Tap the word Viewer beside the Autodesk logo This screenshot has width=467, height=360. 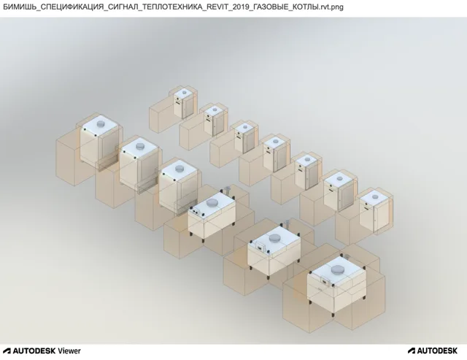[x=69, y=351]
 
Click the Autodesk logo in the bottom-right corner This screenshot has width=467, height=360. [x=433, y=351]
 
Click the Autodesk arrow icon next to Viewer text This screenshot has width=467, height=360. [x=7, y=351]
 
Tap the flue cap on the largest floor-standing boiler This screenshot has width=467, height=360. [x=338, y=269]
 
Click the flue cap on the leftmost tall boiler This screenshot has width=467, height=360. [x=101, y=123]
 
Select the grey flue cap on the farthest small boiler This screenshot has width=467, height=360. [x=185, y=92]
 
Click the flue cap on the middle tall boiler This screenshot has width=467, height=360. [x=139, y=146]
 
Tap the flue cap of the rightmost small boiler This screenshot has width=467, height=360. [x=374, y=196]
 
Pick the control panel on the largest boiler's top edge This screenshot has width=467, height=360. [x=325, y=281]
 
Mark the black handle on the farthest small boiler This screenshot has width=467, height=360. [x=178, y=102]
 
